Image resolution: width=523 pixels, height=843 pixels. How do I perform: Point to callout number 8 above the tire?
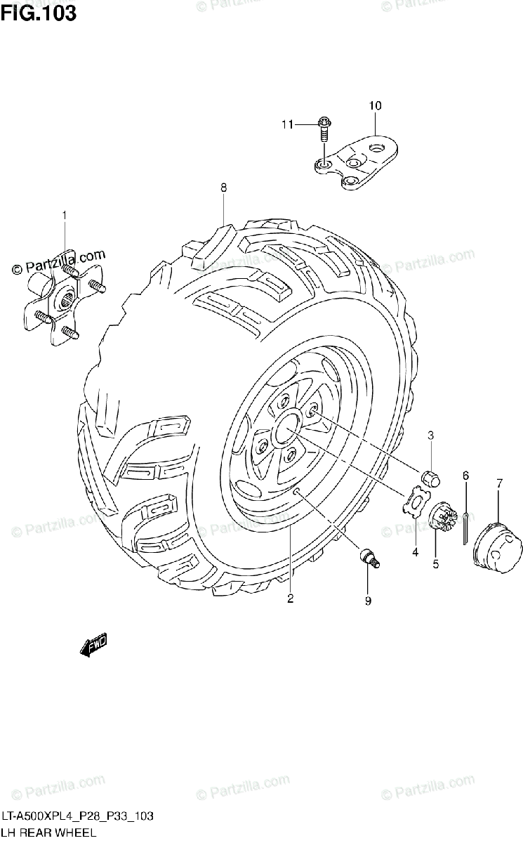click(x=223, y=188)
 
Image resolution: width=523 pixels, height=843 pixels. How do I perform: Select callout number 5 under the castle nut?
click(x=435, y=563)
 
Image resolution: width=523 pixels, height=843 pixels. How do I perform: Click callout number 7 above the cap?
click(x=499, y=483)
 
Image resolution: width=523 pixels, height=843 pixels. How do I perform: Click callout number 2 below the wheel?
click(x=289, y=599)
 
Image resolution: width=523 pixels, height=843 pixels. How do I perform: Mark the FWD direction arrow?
click(x=93, y=645)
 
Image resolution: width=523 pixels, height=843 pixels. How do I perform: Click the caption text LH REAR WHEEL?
click(x=47, y=833)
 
